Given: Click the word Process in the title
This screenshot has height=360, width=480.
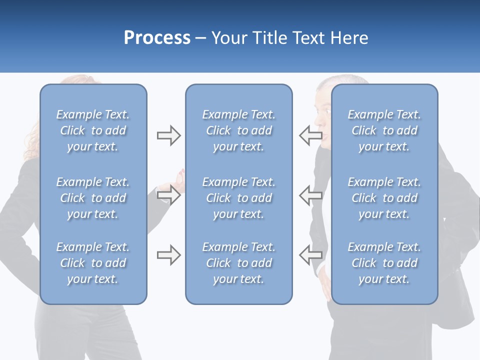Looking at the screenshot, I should tap(157, 37).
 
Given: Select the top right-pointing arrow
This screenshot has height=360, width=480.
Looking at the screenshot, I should tap(168, 135).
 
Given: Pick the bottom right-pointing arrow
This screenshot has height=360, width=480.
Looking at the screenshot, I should tap(168, 255).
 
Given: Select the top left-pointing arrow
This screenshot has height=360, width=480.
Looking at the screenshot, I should tap(310, 135).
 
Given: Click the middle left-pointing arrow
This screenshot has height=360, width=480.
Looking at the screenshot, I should tap(310, 194).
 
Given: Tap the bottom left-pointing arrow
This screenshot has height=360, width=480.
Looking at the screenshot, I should tap(310, 254).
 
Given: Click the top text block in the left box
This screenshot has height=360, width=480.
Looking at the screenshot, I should tap(93, 130).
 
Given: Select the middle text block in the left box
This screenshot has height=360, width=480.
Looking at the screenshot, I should tap(93, 198).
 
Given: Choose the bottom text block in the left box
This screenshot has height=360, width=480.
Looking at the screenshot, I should tap(93, 263).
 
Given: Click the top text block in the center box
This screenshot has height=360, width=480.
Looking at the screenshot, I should tap(238, 130).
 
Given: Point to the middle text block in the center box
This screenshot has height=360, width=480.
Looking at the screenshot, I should tap(238, 198).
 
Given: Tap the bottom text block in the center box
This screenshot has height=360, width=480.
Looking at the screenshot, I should tap(238, 263).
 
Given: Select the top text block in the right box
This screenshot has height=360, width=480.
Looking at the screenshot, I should tap(384, 130).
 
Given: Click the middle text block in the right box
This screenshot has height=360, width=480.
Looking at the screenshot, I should tap(384, 198).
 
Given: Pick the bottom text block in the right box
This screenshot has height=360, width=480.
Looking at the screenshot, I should tap(384, 263).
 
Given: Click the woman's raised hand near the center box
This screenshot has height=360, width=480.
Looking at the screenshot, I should tap(179, 177).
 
